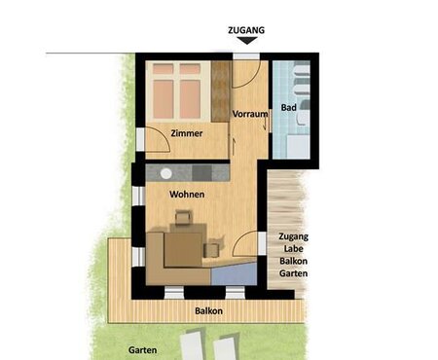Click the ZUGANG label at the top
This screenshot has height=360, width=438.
246,30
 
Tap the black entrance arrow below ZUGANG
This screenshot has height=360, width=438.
246,40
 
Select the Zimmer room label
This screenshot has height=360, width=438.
187,133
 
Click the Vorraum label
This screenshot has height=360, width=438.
250,114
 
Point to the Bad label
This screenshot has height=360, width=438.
288,107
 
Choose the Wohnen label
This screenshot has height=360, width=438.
187,195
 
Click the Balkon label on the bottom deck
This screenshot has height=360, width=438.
208,310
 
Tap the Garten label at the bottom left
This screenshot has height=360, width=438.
143,350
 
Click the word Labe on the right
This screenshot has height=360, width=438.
293,248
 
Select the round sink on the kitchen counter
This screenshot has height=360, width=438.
165,173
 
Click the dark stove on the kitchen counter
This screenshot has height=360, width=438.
201,173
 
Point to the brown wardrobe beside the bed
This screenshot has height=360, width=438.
220,91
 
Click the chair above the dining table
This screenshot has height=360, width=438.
183,217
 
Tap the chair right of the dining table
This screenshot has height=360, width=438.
211,250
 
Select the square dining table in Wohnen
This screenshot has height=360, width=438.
184,250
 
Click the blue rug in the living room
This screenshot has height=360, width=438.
235,274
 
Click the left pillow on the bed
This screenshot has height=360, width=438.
164,69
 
